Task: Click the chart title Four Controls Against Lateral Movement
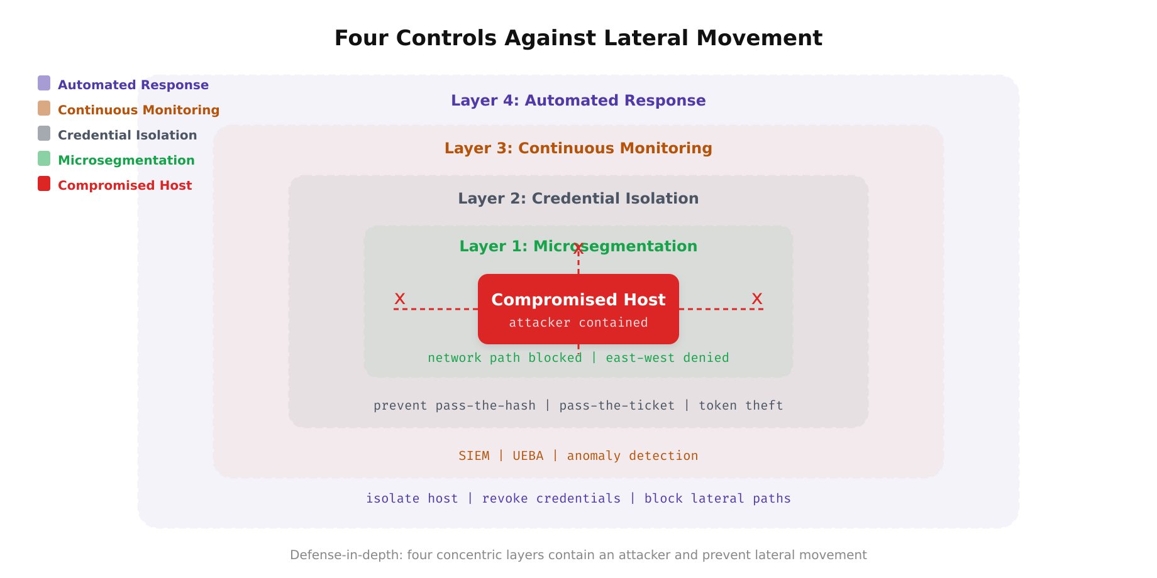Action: click(578, 38)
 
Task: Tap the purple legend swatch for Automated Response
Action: click(44, 83)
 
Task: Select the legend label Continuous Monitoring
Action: click(138, 110)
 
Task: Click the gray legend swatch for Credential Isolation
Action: click(44, 133)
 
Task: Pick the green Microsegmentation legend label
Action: click(126, 160)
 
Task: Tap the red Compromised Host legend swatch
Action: click(44, 183)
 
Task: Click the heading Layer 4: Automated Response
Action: click(578, 101)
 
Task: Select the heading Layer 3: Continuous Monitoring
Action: click(578, 148)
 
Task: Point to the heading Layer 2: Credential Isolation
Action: click(578, 199)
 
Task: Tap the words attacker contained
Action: click(578, 323)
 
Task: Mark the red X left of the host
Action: click(400, 299)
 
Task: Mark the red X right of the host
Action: click(757, 299)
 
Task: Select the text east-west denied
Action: click(667, 358)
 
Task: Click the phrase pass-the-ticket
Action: click(616, 406)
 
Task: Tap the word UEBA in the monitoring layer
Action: click(528, 456)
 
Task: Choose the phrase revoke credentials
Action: click(551, 499)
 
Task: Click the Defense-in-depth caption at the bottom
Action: click(578, 555)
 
